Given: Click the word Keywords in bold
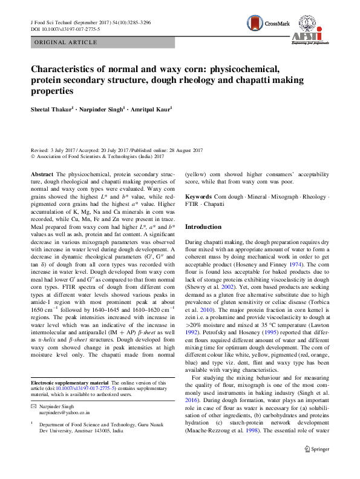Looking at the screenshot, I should pos(198,198).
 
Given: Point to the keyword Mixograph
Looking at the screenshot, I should pos(288,198).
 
